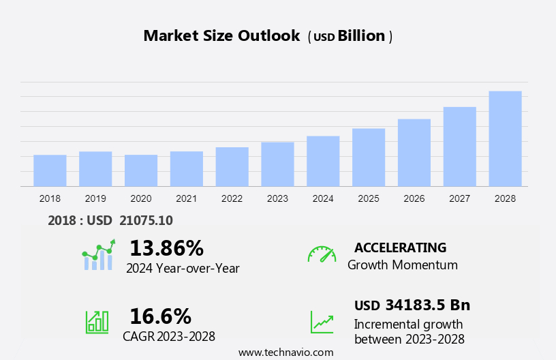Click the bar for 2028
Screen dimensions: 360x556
tap(505, 138)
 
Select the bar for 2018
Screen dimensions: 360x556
tap(50, 170)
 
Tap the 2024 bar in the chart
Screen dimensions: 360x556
tap(323, 161)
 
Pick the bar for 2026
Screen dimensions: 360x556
tap(414, 153)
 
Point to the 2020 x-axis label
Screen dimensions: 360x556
tap(141, 198)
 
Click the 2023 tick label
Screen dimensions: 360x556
tap(277, 198)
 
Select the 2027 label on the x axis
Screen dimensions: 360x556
tap(460, 198)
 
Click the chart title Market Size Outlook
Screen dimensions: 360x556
tap(221, 36)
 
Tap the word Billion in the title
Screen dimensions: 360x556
tap(361, 36)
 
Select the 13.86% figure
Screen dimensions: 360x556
tap(166, 247)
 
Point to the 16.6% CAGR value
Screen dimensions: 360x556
tap(160, 316)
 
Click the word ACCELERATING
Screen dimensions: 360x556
tap(400, 247)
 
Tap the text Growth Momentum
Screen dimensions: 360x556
tap(402, 265)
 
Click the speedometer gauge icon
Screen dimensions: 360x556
tap(322, 254)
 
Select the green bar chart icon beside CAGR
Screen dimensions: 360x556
tap(97, 321)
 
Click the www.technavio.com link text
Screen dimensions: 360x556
tap(285, 352)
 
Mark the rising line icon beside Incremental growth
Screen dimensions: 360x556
tap(322, 322)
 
